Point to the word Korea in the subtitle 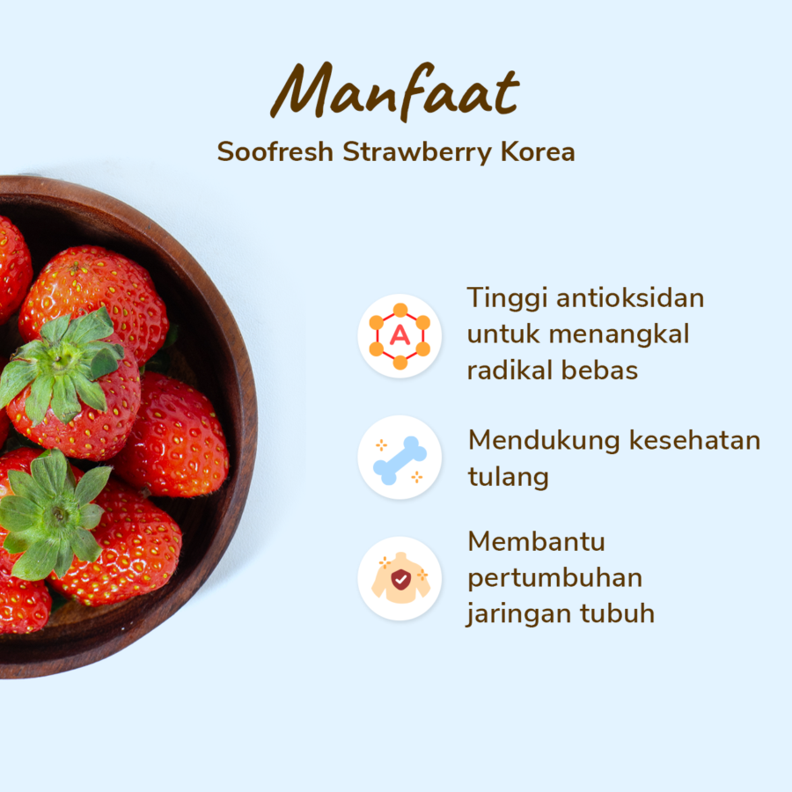pyautogui.click(x=538, y=151)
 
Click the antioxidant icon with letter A pyautogui.click(x=400, y=336)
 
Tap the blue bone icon pyautogui.click(x=400, y=458)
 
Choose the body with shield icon pyautogui.click(x=400, y=579)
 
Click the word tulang pyautogui.click(x=508, y=477)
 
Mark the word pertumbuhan pyautogui.click(x=554, y=578)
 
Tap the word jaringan pyautogui.click(x=518, y=613)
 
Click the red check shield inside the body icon pyautogui.click(x=400, y=579)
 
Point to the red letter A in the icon pyautogui.click(x=400, y=336)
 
